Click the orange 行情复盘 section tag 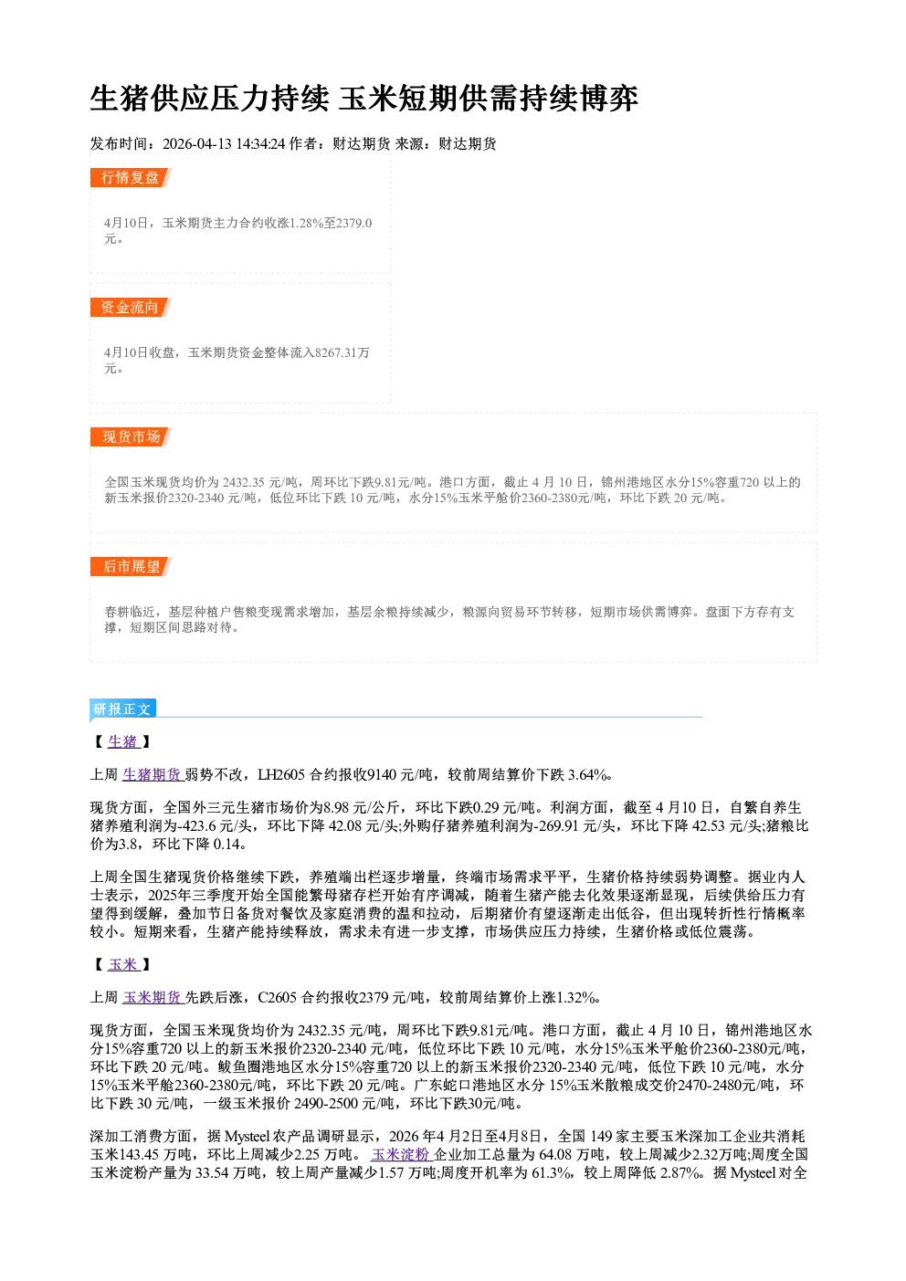click(131, 177)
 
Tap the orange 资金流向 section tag click(131, 307)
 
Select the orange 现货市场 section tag click(131, 437)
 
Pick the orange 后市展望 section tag click(131, 567)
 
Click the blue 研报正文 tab click(122, 709)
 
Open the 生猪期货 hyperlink click(152, 774)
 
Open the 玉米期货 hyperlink click(152, 997)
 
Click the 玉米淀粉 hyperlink click(400, 1154)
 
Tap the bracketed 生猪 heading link click(123, 741)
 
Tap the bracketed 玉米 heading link click(123, 965)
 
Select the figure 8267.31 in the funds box click(336, 352)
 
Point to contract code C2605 click(278, 998)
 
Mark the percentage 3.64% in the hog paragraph click(587, 775)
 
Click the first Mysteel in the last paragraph click(248, 1137)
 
